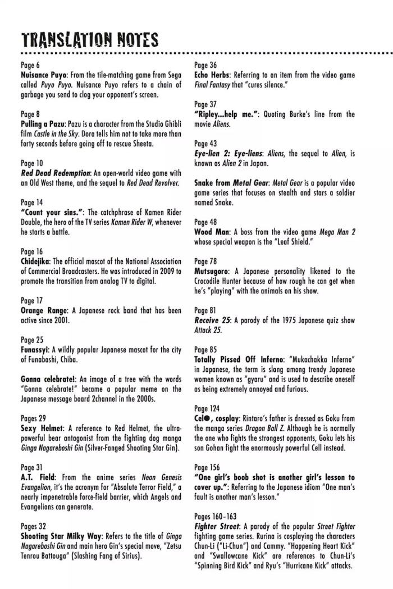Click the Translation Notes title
[x=90, y=40]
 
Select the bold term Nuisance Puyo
[x=44, y=75]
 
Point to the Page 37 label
[x=205, y=104]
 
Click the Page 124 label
[x=207, y=408]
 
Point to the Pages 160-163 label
[x=216, y=516]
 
